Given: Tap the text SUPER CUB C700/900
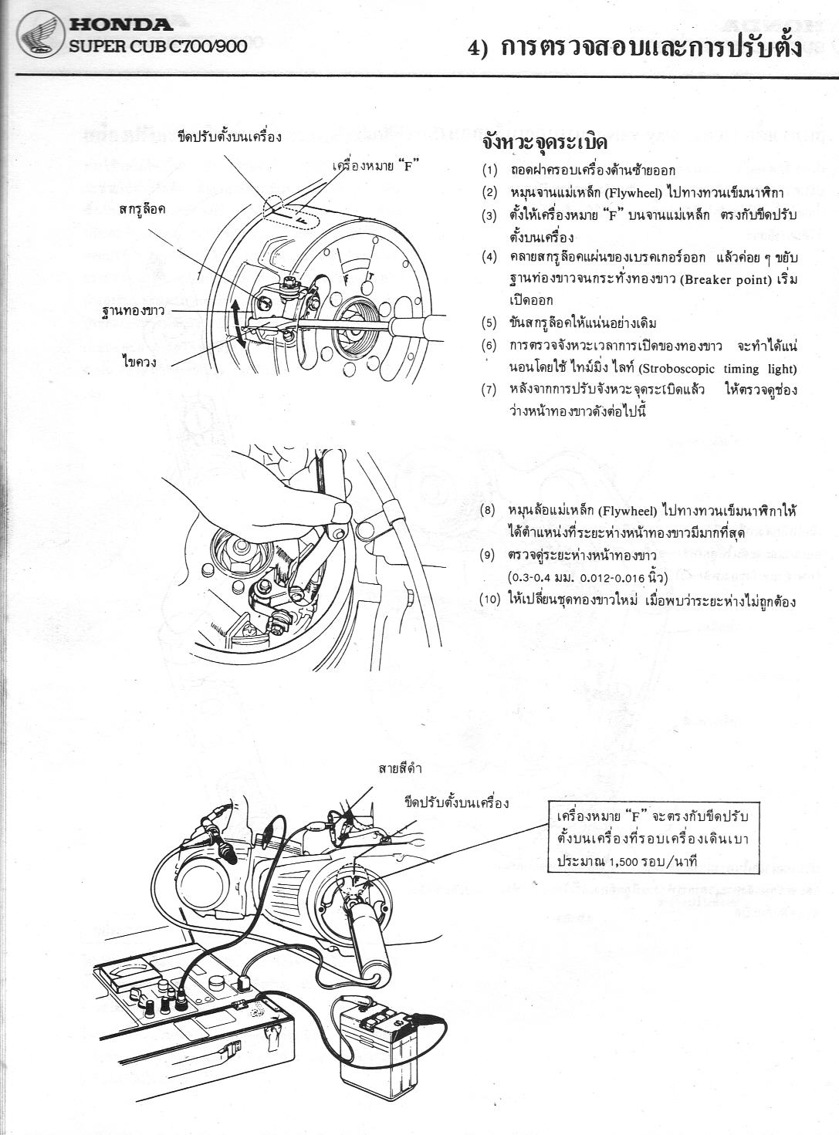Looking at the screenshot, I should click(x=158, y=47).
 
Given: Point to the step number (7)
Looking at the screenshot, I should click(x=489, y=390).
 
